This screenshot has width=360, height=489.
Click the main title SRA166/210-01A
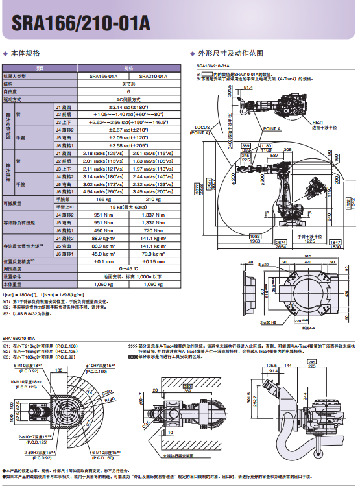77,24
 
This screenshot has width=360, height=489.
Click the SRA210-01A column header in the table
154,76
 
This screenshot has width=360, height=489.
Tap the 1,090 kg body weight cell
154,283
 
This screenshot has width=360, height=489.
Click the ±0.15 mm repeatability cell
154,261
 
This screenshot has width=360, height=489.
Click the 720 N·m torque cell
154,230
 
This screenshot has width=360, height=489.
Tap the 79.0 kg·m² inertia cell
154,254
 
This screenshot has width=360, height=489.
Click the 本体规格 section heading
25,53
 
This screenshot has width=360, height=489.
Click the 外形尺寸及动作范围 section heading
230,53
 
